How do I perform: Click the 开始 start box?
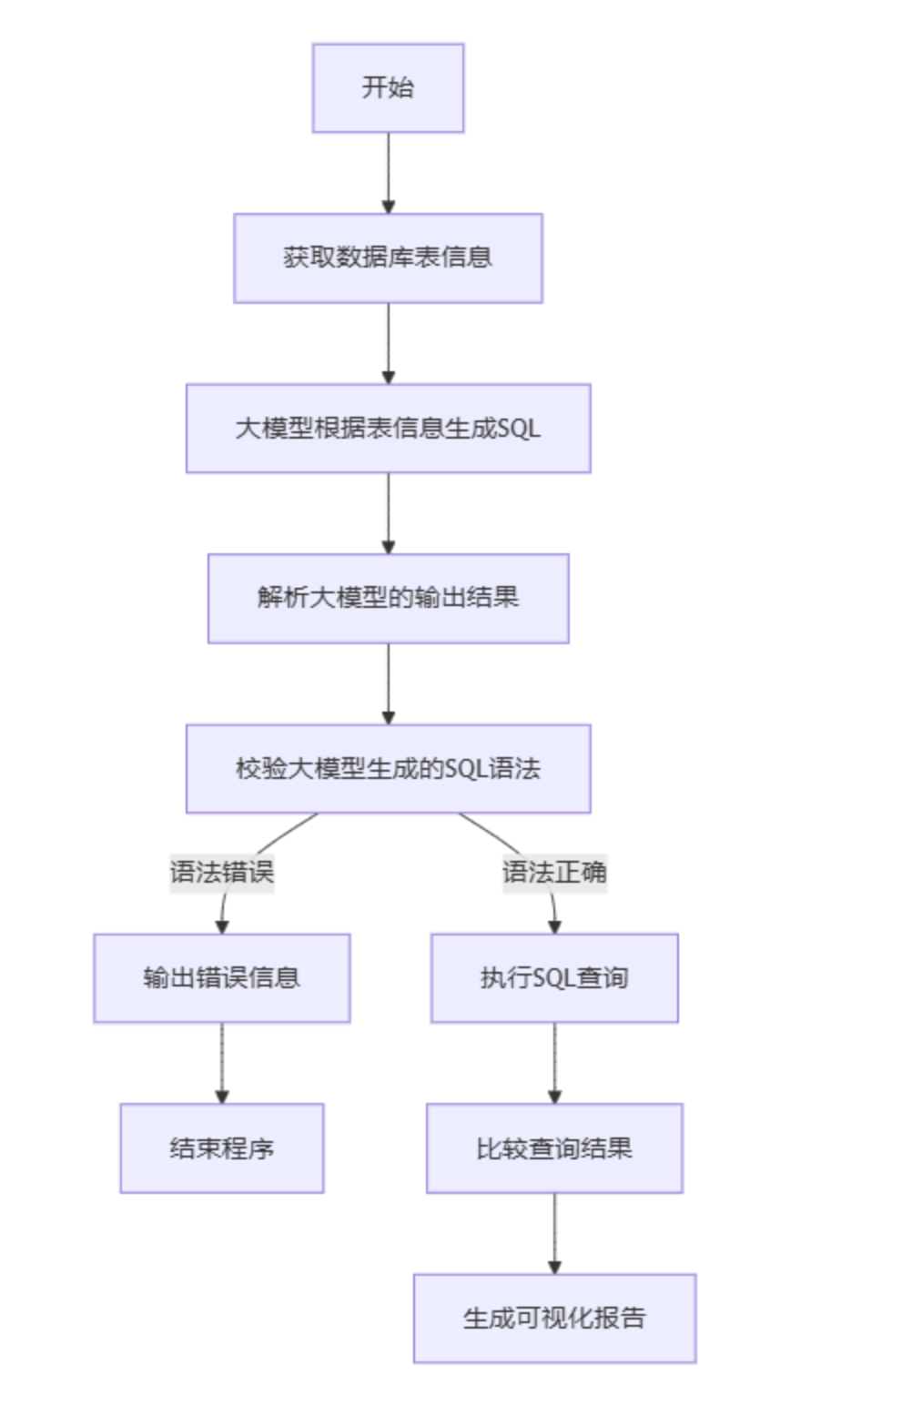[x=388, y=88]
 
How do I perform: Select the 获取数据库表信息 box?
[x=388, y=258]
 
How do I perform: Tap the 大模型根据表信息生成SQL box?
[x=388, y=429]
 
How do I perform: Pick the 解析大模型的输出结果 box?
[x=388, y=599]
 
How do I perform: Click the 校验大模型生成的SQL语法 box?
[x=388, y=769]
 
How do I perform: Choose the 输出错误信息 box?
[x=221, y=978]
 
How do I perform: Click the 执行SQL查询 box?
[x=554, y=978]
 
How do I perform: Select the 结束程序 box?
[x=221, y=1148]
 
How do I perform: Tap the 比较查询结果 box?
[x=554, y=1148]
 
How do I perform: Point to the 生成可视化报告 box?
[x=554, y=1319]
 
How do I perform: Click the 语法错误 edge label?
[x=221, y=873]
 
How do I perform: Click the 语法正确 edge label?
[x=554, y=873]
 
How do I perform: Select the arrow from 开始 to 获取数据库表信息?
[x=388, y=173]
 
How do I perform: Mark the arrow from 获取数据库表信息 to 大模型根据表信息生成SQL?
[x=388, y=343]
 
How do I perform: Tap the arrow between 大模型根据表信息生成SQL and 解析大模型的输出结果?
[x=388, y=513]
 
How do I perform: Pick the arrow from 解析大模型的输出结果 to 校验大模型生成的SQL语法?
[x=388, y=683]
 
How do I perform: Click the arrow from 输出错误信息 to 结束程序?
[x=221, y=1063]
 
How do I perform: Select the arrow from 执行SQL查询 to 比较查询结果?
[x=554, y=1063]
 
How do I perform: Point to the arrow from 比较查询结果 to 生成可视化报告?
[x=554, y=1233]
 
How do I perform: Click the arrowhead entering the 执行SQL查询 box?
[x=554, y=926]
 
